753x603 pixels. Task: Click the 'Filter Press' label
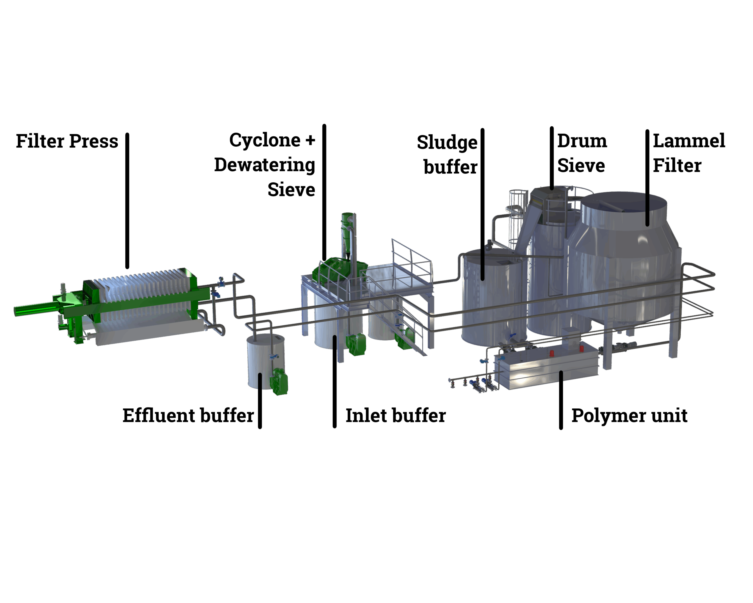(x=67, y=141)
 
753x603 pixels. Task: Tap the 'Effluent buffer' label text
(x=188, y=416)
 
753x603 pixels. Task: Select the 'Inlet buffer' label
(x=396, y=416)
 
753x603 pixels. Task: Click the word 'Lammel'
(x=689, y=141)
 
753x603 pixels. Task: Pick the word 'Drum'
(x=582, y=141)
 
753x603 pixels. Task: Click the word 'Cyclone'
(x=265, y=140)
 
